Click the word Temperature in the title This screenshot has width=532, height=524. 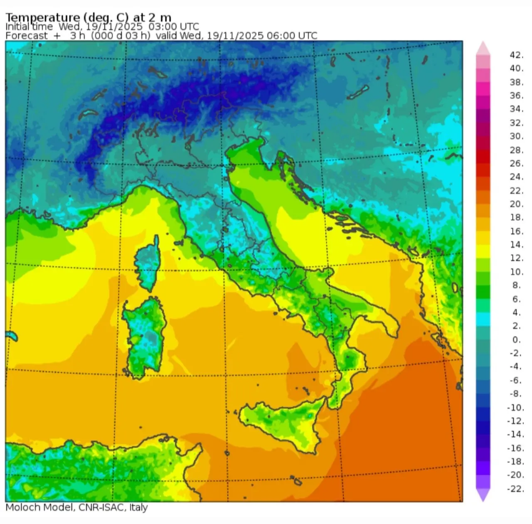pyautogui.click(x=42, y=17)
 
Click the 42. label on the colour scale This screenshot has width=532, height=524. pyautogui.click(x=516, y=55)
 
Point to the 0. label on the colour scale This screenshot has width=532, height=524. pyautogui.click(x=516, y=339)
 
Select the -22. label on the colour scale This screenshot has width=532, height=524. pyautogui.click(x=515, y=489)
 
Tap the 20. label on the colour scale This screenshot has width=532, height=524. pyautogui.click(x=516, y=204)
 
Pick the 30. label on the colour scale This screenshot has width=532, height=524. pyautogui.click(x=516, y=136)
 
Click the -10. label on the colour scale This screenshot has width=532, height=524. pyautogui.click(x=515, y=407)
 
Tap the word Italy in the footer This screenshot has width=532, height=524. pyautogui.click(x=138, y=507)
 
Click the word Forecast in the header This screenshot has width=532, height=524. pyautogui.click(x=27, y=36)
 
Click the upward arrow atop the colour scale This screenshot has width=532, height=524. pyautogui.click(x=483, y=47)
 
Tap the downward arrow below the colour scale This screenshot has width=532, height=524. pyautogui.click(x=483, y=495)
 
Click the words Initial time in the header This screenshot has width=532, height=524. pyautogui.click(x=29, y=27)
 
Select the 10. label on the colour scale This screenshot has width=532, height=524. pyautogui.click(x=516, y=272)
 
